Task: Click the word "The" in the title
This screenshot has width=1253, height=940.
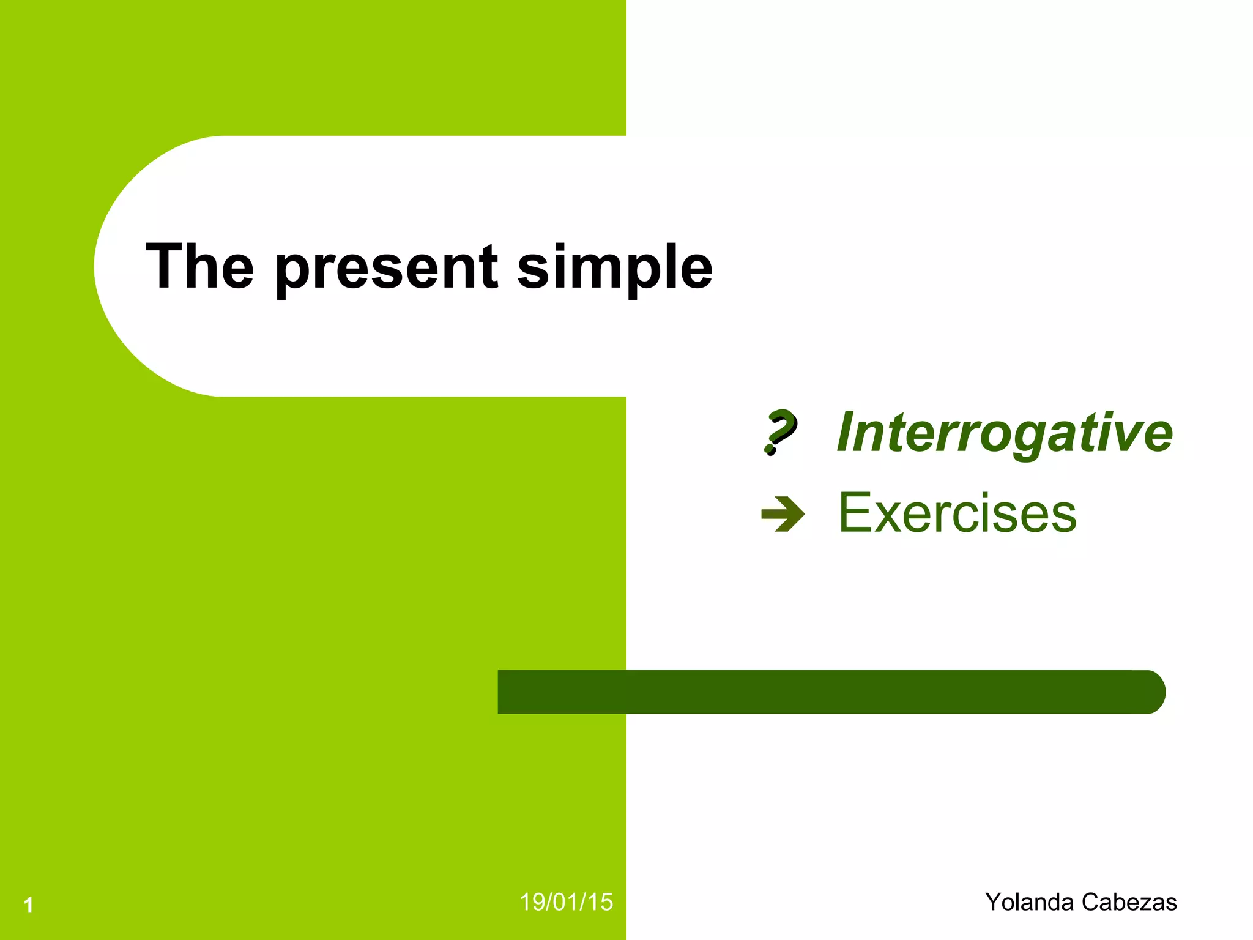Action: (x=199, y=267)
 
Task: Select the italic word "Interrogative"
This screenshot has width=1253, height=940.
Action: (x=1004, y=433)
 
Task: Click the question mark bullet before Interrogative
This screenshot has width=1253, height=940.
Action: (x=779, y=432)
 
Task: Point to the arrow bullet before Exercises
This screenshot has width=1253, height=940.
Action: (x=783, y=513)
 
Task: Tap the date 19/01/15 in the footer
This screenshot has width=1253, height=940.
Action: (x=566, y=902)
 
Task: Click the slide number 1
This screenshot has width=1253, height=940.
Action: (x=29, y=905)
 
